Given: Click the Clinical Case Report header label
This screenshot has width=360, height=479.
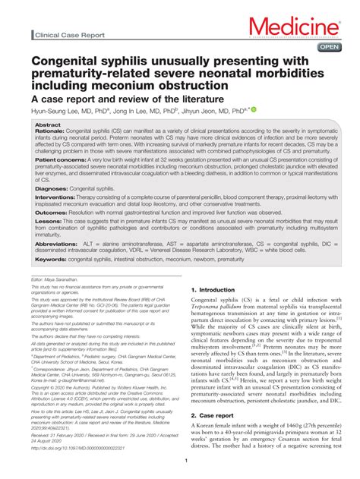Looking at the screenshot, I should pos(69,35).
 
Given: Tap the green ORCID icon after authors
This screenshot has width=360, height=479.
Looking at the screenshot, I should pos(254,110).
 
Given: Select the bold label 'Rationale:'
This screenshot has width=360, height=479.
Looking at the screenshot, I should pos(51,131).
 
